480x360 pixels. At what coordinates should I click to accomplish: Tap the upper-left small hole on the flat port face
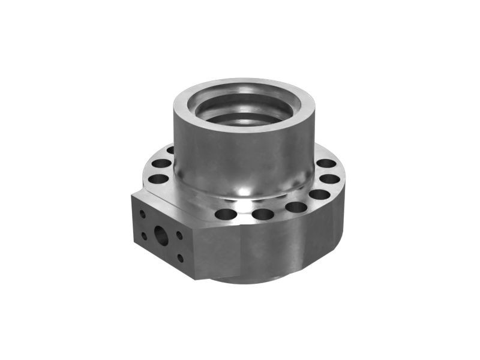click(x=143, y=213)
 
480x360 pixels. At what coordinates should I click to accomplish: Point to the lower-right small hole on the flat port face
click(x=180, y=258)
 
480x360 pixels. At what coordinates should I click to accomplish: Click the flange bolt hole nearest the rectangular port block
click(x=226, y=214)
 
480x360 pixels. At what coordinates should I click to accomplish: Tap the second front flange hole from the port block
click(x=263, y=214)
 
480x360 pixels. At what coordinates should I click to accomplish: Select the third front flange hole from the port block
click(x=296, y=208)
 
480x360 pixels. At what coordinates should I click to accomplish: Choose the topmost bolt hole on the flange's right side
click(x=326, y=163)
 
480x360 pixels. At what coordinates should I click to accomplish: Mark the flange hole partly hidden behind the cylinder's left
click(x=170, y=151)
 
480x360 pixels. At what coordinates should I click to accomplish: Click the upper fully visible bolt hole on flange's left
click(x=161, y=163)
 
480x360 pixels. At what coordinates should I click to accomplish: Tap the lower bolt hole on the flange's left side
click(x=157, y=178)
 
